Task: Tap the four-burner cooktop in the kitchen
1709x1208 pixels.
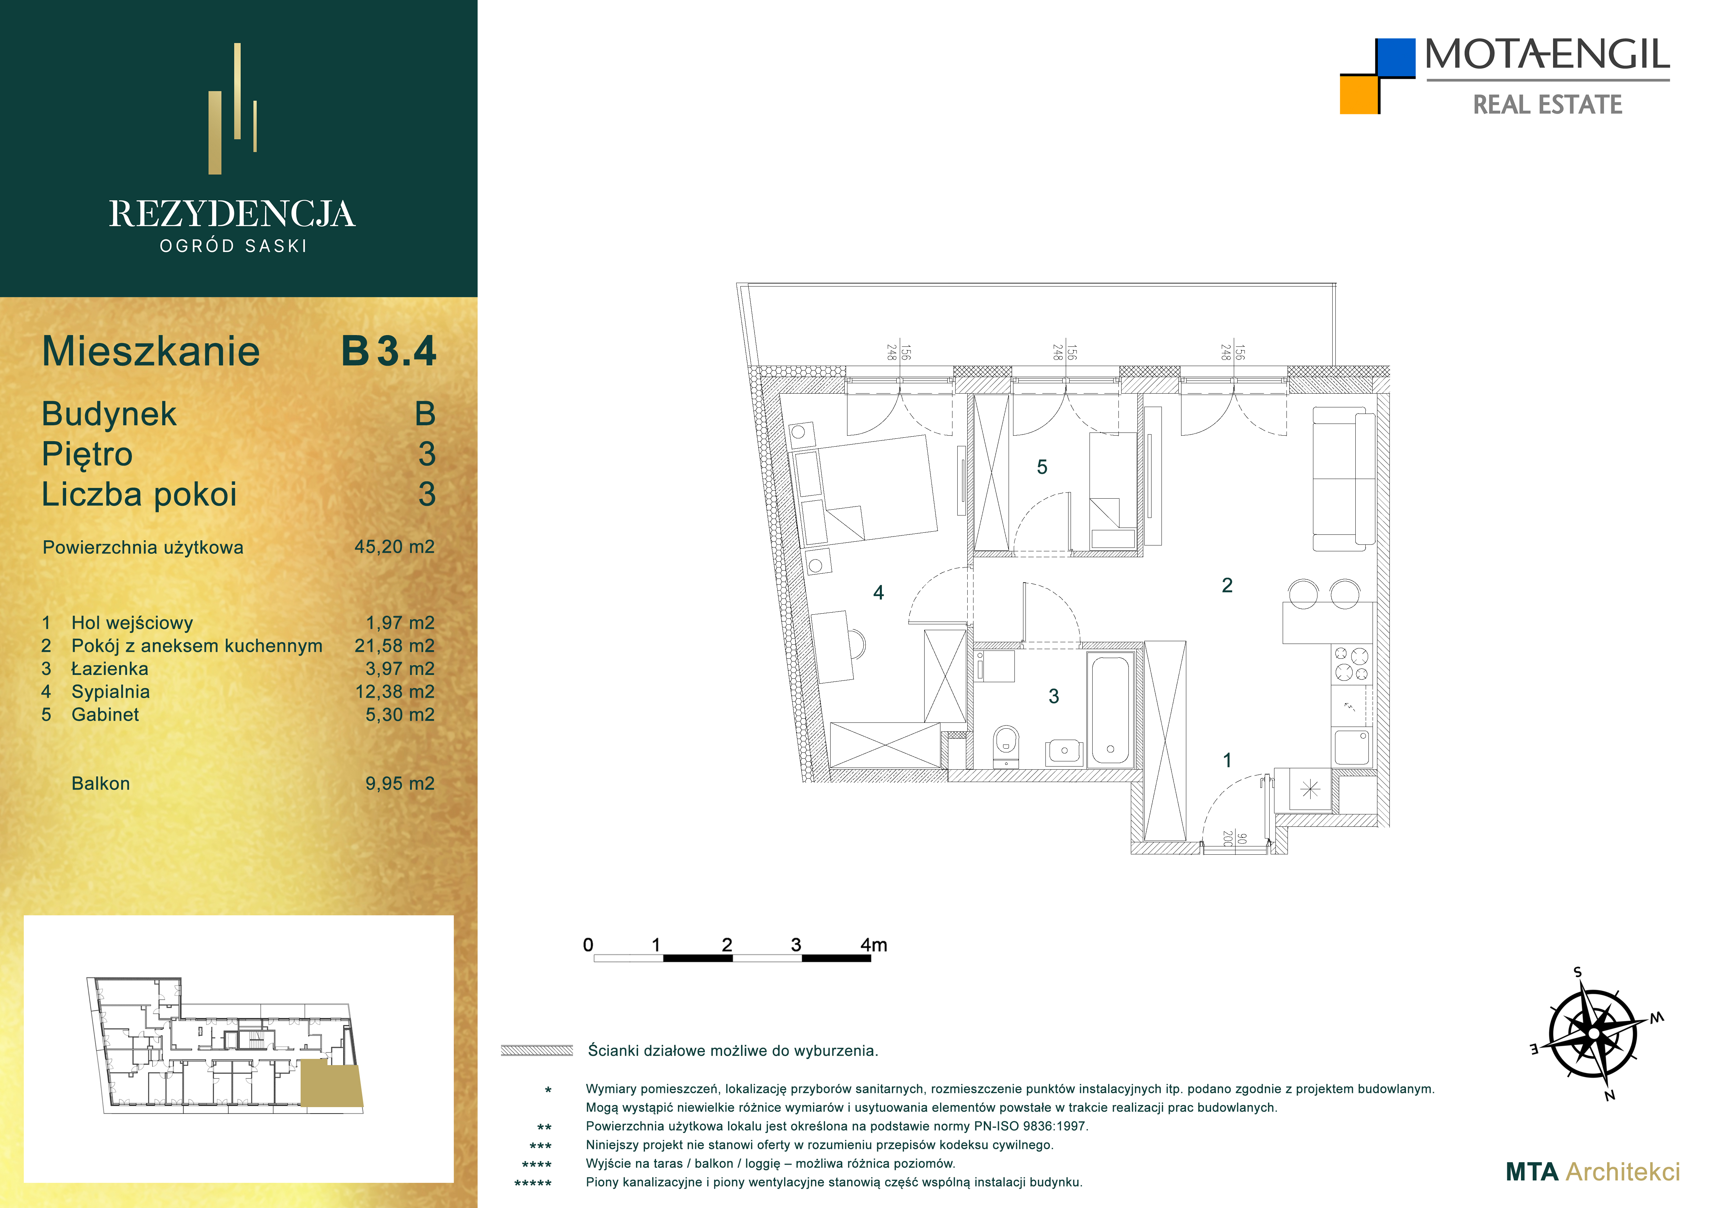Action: point(1351,664)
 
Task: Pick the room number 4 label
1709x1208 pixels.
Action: point(878,592)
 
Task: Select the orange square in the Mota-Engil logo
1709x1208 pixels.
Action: point(1359,95)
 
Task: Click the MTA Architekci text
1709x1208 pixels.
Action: point(1593,1171)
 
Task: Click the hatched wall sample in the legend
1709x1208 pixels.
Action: point(537,1050)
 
